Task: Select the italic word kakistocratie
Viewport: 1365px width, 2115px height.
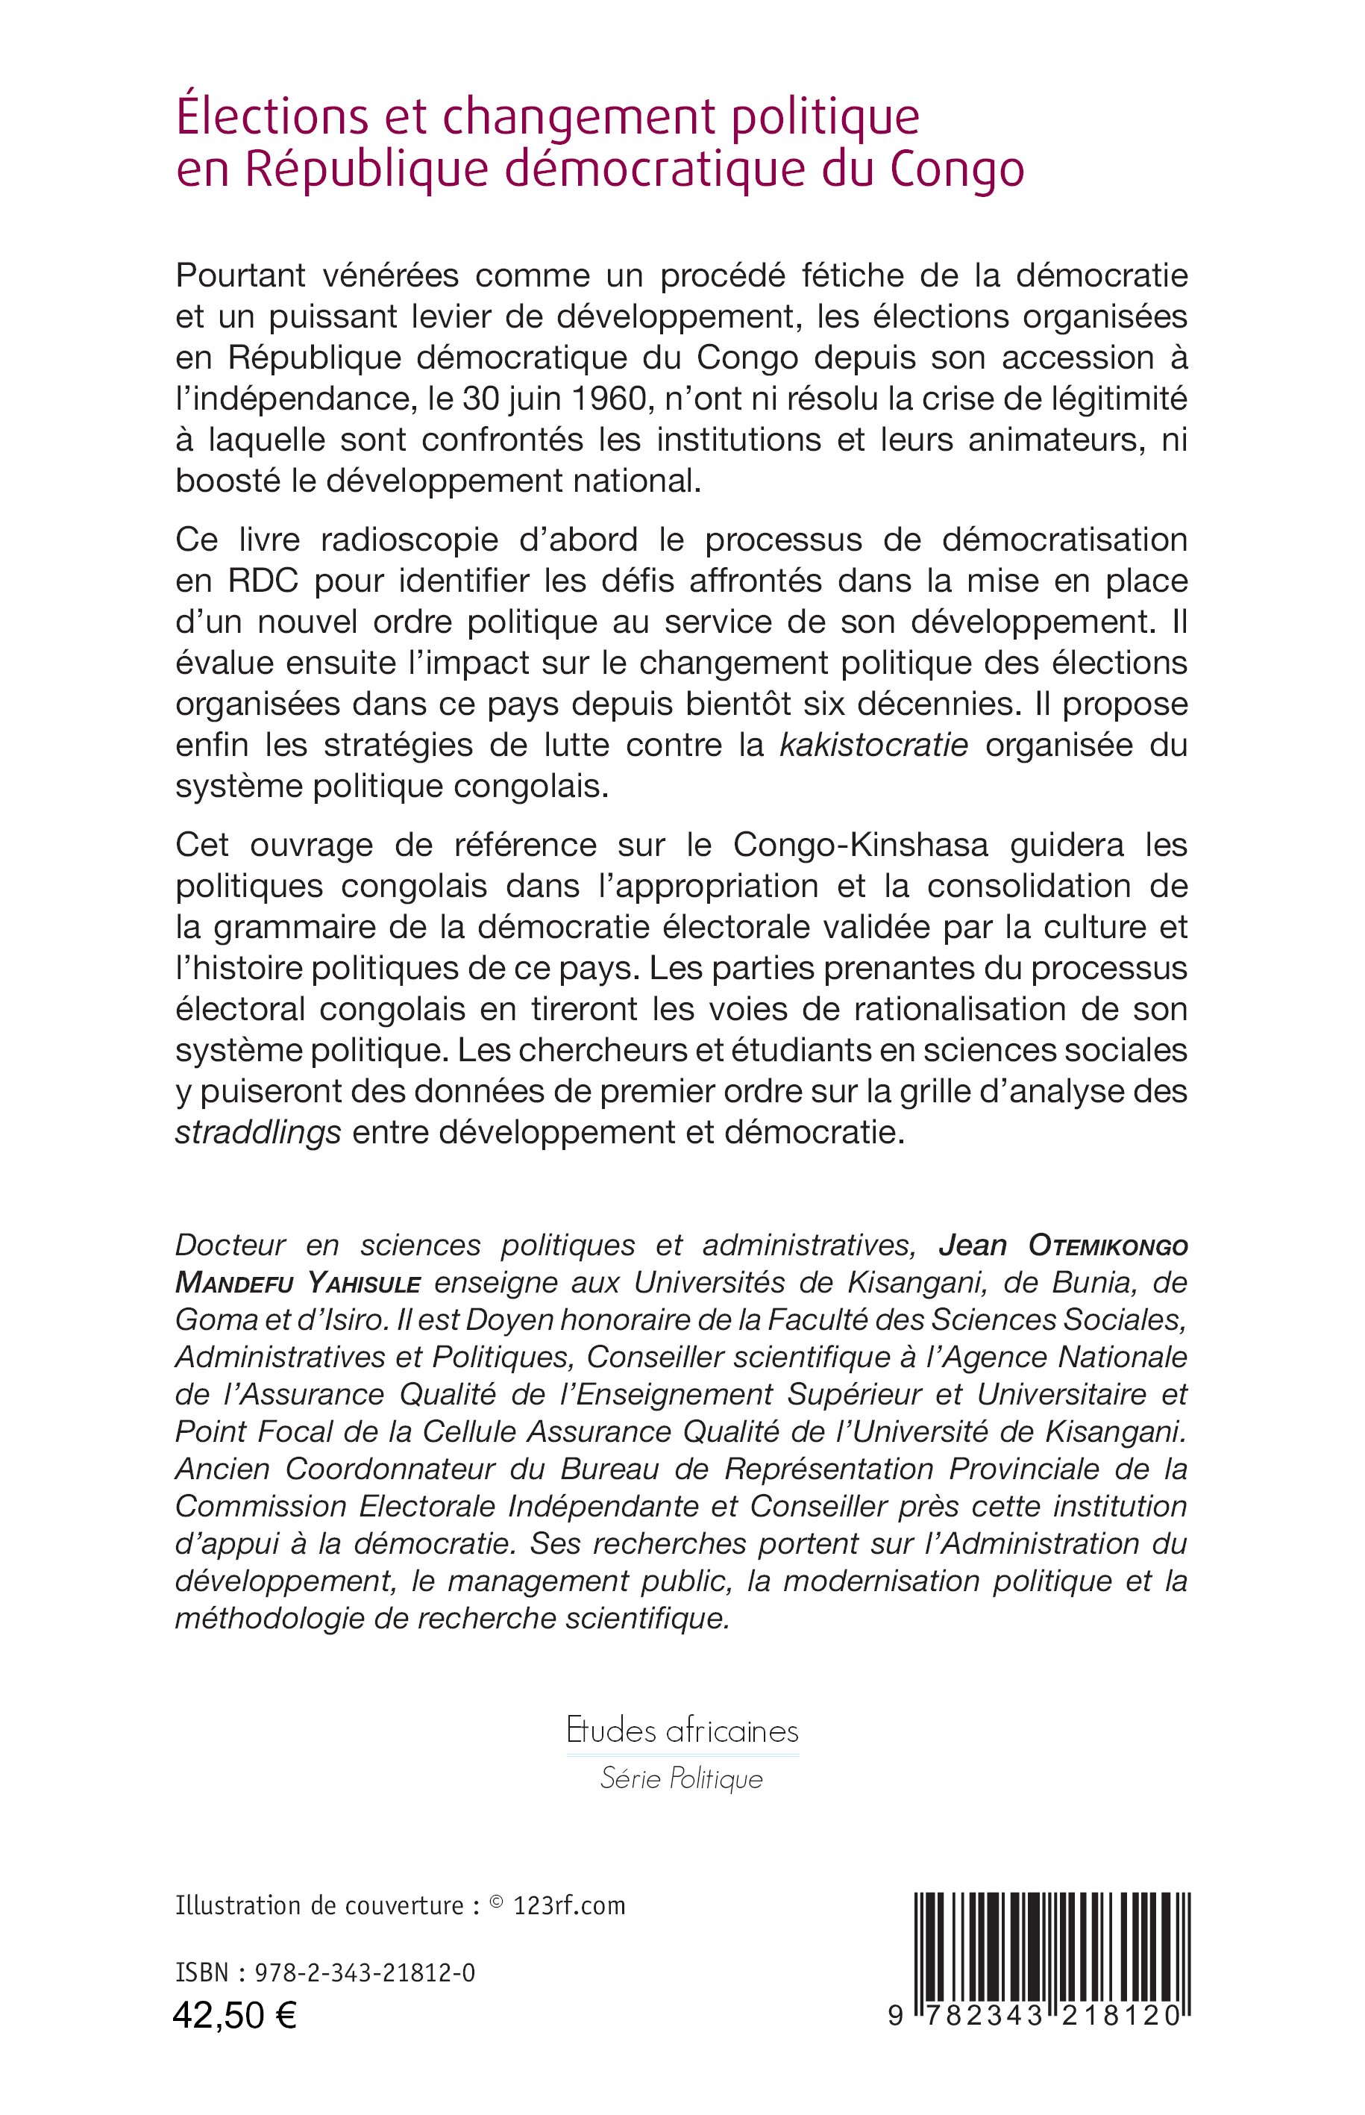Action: (x=873, y=745)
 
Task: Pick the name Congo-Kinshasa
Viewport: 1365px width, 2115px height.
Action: (x=860, y=844)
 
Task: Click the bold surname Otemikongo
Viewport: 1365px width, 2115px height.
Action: (x=1107, y=1246)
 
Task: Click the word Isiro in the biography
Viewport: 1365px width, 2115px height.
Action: (x=350, y=1320)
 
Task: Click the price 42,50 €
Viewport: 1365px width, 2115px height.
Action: (x=235, y=2040)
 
